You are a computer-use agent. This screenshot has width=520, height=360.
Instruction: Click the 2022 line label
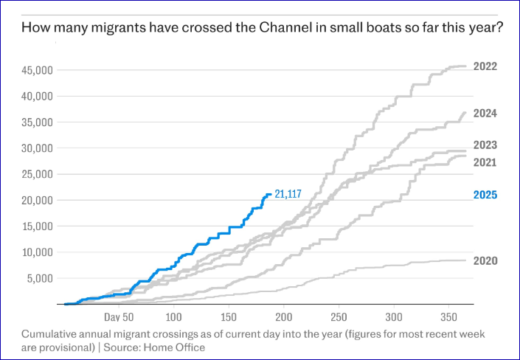pos(486,66)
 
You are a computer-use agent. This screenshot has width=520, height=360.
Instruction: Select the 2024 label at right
pos(486,114)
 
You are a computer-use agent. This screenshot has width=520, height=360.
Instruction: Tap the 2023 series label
pos(486,145)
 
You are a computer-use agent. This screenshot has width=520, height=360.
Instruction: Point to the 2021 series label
pos(486,162)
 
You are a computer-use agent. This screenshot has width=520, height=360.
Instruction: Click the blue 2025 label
pos(486,195)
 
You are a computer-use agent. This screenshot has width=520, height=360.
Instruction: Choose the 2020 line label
pos(486,261)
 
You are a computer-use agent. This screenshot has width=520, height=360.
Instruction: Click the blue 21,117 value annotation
pos(290,195)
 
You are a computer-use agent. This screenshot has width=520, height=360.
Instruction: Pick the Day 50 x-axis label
pos(117,317)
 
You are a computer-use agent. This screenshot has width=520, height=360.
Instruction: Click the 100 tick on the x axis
pos(174,317)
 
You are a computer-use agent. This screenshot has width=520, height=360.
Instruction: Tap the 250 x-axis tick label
pos(338,317)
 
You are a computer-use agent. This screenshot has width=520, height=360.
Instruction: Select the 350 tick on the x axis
pos(447,317)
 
